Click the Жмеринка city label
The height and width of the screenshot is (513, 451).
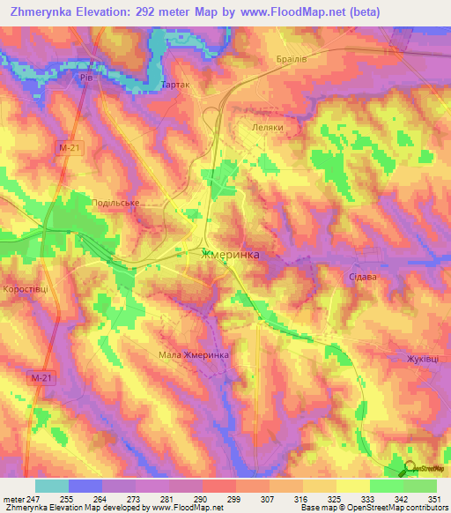[x=230, y=255]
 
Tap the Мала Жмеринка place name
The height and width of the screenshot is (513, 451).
[x=194, y=354]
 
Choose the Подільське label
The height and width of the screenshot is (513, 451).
[x=116, y=203]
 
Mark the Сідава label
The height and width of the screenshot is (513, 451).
[x=362, y=276]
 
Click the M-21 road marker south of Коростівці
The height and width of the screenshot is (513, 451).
[x=37, y=377]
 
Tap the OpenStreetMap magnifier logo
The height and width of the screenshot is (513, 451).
[x=410, y=469]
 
